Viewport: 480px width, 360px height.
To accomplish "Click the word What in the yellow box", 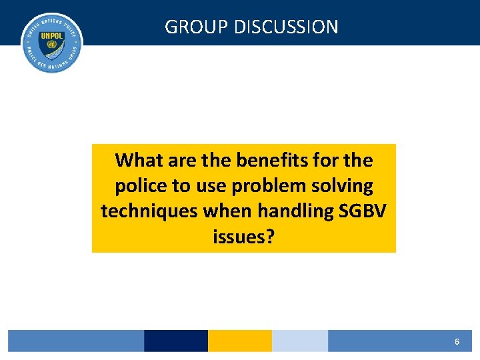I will [138, 161].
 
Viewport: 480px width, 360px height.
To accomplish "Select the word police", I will [138, 186].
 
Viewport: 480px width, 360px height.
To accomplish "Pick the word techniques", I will [149, 211].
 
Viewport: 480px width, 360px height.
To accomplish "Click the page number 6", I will [457, 341].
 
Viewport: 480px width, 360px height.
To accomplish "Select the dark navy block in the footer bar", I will [175, 341].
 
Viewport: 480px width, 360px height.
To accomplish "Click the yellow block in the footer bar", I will [239, 341].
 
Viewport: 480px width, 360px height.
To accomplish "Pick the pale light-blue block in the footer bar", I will [299, 341].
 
